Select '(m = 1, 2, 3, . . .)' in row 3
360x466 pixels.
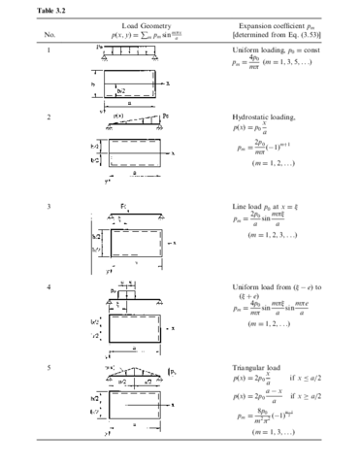coord(281,235)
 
